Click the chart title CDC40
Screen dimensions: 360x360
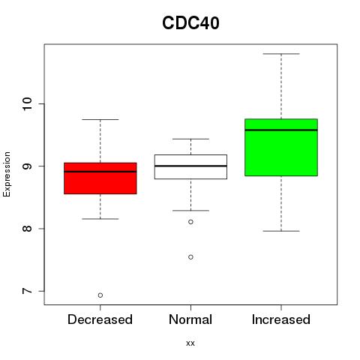click(190, 23)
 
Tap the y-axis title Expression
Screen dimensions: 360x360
click(7, 174)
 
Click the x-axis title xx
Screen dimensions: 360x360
click(190, 343)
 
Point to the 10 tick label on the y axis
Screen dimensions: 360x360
click(27, 103)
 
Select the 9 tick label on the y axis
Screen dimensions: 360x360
click(27, 166)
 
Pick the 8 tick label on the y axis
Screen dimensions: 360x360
click(27, 229)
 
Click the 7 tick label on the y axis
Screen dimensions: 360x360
click(27, 291)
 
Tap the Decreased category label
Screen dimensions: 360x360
click(100, 319)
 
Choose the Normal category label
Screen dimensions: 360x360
click(190, 319)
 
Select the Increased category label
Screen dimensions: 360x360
click(281, 319)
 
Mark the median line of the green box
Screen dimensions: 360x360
click(281, 130)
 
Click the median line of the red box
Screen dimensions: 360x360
click(100, 172)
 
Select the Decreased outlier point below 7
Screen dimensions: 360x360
click(100, 295)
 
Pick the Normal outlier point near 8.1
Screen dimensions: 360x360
click(190, 222)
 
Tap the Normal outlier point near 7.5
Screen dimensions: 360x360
click(190, 257)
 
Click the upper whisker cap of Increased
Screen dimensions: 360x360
click(281, 54)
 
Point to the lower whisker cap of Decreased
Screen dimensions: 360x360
click(100, 219)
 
